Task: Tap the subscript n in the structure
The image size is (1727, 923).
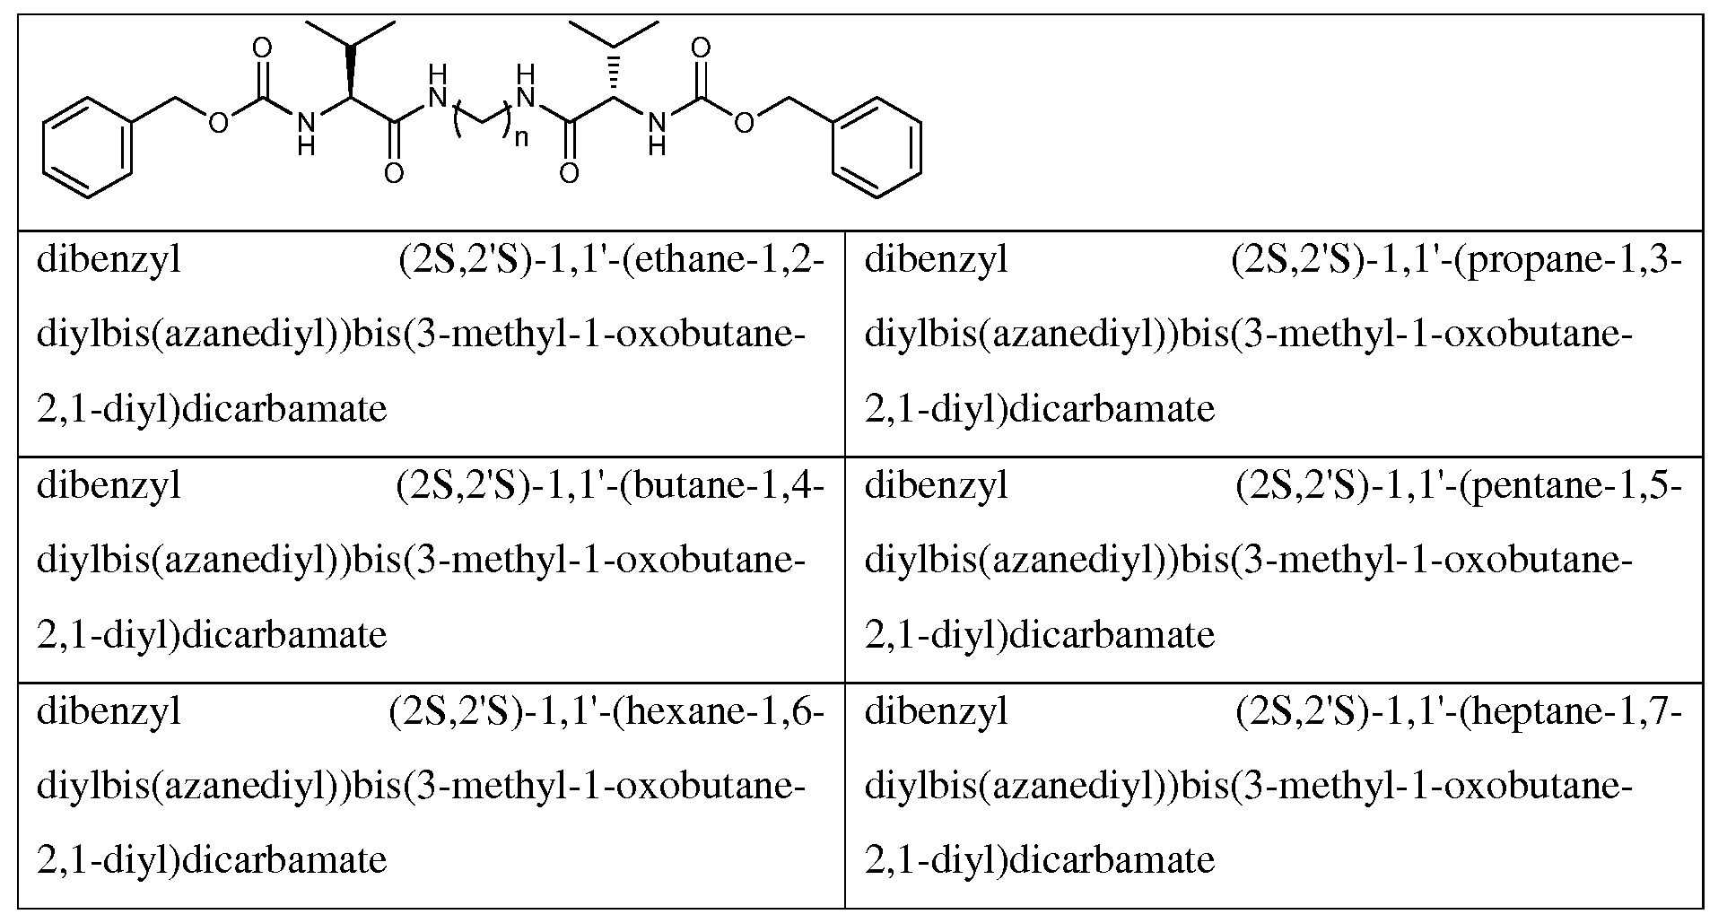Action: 520,139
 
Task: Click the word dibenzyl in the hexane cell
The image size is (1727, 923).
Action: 109,713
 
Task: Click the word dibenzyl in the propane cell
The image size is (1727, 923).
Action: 938,261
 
